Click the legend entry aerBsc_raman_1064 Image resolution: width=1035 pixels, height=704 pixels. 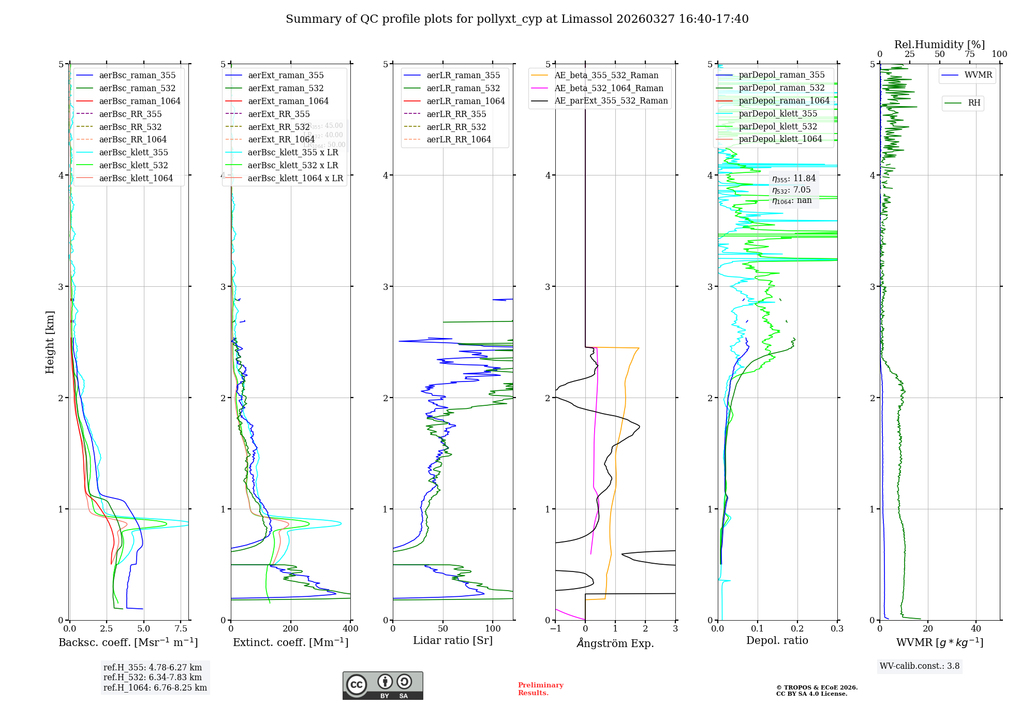coord(140,101)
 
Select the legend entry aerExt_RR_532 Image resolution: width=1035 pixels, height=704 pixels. coord(278,127)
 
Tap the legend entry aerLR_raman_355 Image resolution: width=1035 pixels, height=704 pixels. coord(463,76)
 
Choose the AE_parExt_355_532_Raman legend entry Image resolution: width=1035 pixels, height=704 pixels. coord(611,101)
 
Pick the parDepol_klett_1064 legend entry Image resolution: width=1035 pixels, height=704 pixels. coord(780,139)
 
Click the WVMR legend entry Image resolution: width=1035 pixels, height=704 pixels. coord(978,75)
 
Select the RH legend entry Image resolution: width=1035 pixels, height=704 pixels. coord(974,103)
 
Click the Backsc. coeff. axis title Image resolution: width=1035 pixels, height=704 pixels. coord(128,642)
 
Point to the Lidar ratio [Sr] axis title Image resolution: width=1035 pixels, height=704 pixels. coord(453,641)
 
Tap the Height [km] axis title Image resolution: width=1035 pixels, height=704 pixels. coord(50,342)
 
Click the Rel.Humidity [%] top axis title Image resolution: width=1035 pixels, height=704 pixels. coord(939,45)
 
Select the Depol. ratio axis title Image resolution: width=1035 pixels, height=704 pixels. coord(777,641)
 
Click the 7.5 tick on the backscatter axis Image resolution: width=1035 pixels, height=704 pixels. coord(181,629)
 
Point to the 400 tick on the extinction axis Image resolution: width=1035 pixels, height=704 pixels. coord(350,629)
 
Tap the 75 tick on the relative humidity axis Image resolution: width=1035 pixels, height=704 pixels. coord(969,54)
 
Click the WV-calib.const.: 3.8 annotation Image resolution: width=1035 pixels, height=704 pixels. coord(919,666)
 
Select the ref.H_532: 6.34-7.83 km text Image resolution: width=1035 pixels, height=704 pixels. coord(153,678)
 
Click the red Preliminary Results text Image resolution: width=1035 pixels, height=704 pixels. coord(540,689)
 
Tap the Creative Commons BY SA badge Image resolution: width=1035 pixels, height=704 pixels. coord(382,685)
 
